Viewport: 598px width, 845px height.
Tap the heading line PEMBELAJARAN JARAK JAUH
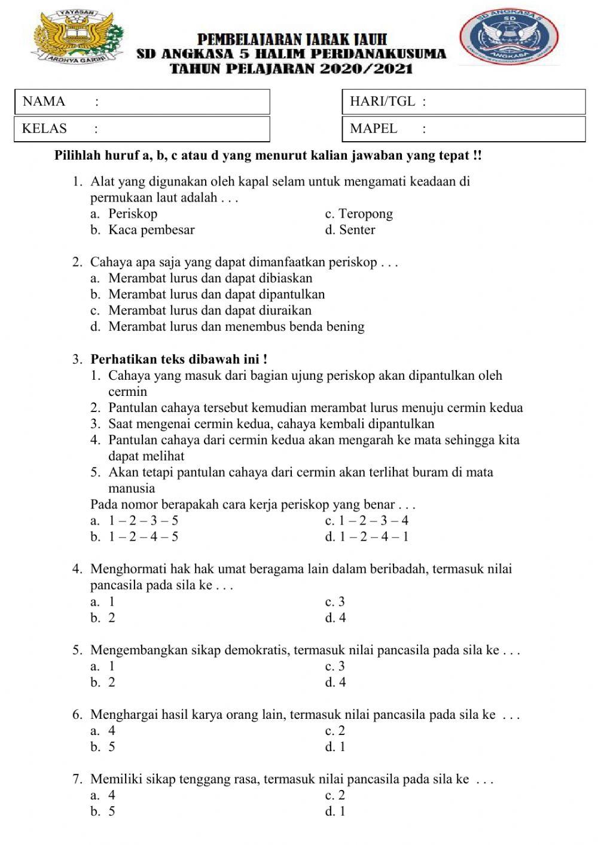coord(292,40)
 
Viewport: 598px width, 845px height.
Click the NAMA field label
coord(44,102)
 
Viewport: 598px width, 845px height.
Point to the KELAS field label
coord(44,129)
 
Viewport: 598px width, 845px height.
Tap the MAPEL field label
coord(373,129)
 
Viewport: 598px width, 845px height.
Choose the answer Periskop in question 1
coord(133,214)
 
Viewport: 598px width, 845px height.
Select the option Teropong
coord(365,214)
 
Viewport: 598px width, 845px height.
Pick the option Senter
coord(357,230)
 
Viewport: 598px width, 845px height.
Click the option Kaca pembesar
coord(151,230)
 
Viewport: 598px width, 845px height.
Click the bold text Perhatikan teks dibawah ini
coord(178,360)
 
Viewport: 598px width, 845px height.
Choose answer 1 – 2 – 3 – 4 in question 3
coord(374,521)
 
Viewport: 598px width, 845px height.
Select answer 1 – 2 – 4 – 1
coord(374,537)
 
